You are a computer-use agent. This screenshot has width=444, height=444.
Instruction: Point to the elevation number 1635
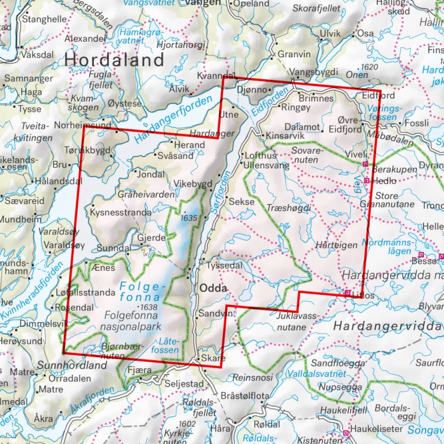[189, 218]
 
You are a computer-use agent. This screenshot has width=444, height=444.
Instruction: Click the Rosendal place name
[74, 307]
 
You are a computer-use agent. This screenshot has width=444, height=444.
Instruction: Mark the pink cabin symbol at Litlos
[347, 293]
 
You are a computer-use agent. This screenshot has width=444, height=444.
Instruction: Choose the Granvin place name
[294, 54]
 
